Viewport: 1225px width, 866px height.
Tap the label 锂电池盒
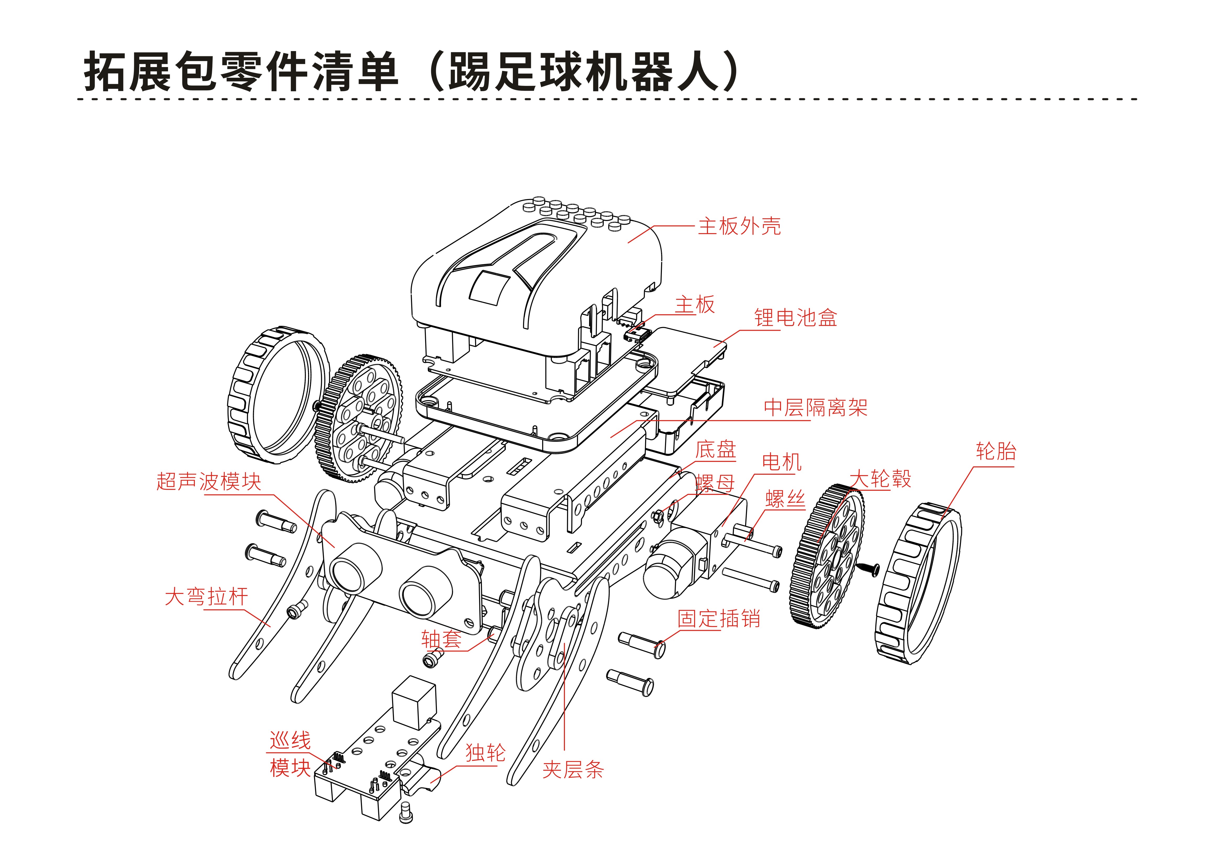(795, 318)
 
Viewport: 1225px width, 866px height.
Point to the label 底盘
(716, 450)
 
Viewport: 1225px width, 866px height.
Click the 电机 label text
(781, 462)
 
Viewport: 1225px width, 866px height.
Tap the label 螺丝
(785, 499)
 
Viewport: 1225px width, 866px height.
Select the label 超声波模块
(208, 481)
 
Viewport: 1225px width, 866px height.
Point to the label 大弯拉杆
(206, 597)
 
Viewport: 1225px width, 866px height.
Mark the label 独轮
(485, 753)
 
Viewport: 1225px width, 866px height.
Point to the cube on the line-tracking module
(414, 703)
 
